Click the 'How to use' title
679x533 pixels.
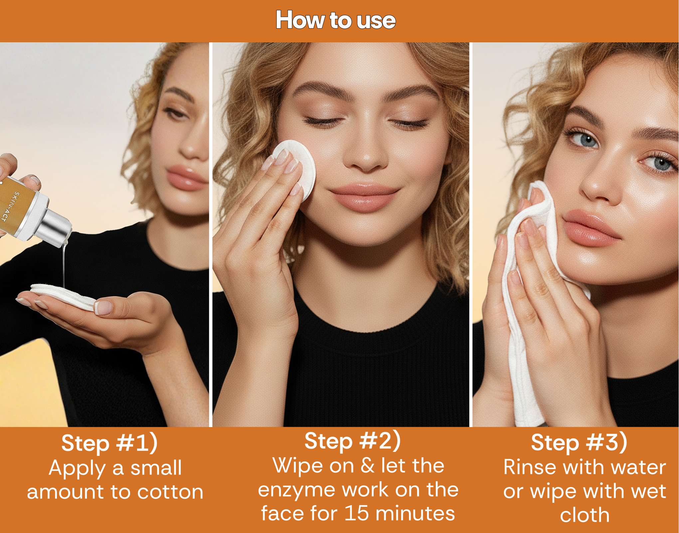(x=336, y=20)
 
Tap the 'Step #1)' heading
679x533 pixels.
(x=109, y=443)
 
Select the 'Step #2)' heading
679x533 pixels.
(x=353, y=441)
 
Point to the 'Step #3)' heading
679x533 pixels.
(x=579, y=442)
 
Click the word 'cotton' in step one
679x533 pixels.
(x=170, y=492)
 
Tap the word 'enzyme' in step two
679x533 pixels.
(x=297, y=490)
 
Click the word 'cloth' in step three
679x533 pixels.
(x=585, y=515)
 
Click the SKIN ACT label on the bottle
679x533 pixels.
(x=12, y=206)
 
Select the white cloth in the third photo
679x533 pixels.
(x=532, y=299)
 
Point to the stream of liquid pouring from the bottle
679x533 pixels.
(x=64, y=264)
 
